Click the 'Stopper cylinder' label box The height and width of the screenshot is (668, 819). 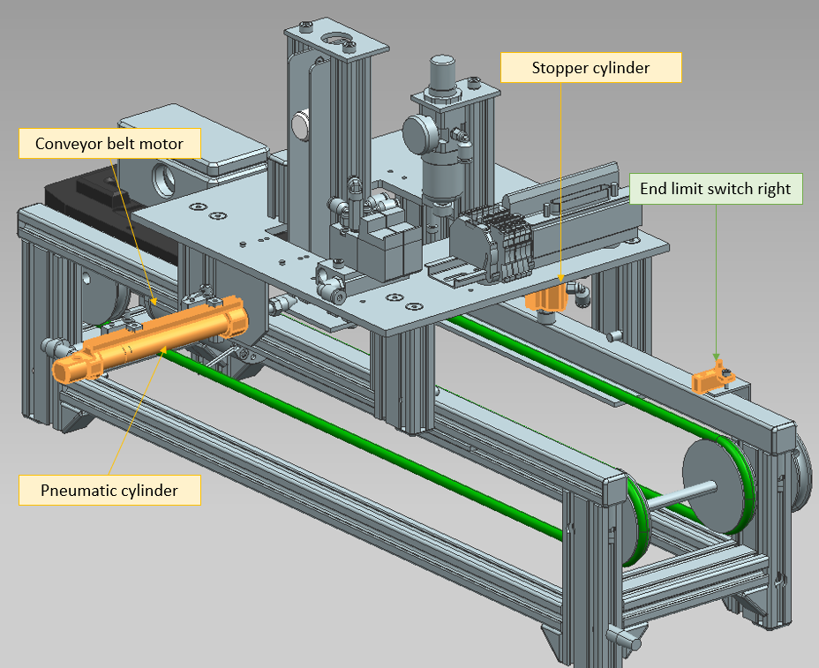pos(590,68)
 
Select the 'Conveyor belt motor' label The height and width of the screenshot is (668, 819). pos(109,143)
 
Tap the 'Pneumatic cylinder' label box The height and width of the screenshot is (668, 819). pos(109,490)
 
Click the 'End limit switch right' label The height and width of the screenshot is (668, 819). pos(717,189)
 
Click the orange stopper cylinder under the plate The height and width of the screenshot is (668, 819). pos(547,297)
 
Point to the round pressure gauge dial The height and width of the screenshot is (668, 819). pos(418,132)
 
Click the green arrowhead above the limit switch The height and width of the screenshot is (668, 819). pos(717,358)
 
